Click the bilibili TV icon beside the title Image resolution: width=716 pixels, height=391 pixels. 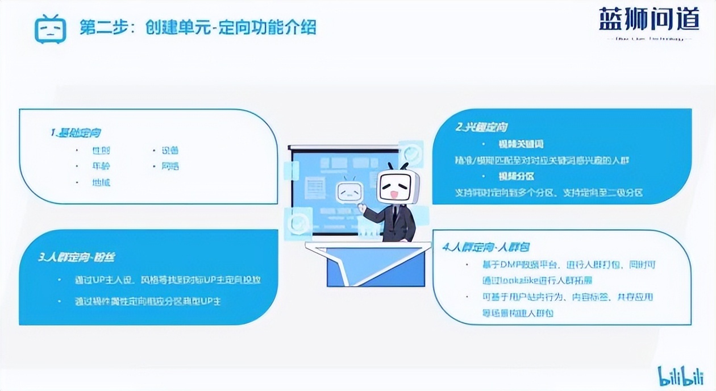(51, 28)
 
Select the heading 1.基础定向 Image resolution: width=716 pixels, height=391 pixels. (76, 132)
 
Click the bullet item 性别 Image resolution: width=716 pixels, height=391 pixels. (101, 151)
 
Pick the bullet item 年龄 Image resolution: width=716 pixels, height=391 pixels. (101, 167)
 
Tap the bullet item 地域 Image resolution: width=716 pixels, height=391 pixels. (101, 182)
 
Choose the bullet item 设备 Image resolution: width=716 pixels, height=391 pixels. (170, 151)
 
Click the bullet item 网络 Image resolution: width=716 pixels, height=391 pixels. (170, 167)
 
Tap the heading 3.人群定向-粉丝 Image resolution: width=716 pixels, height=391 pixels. (76, 257)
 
